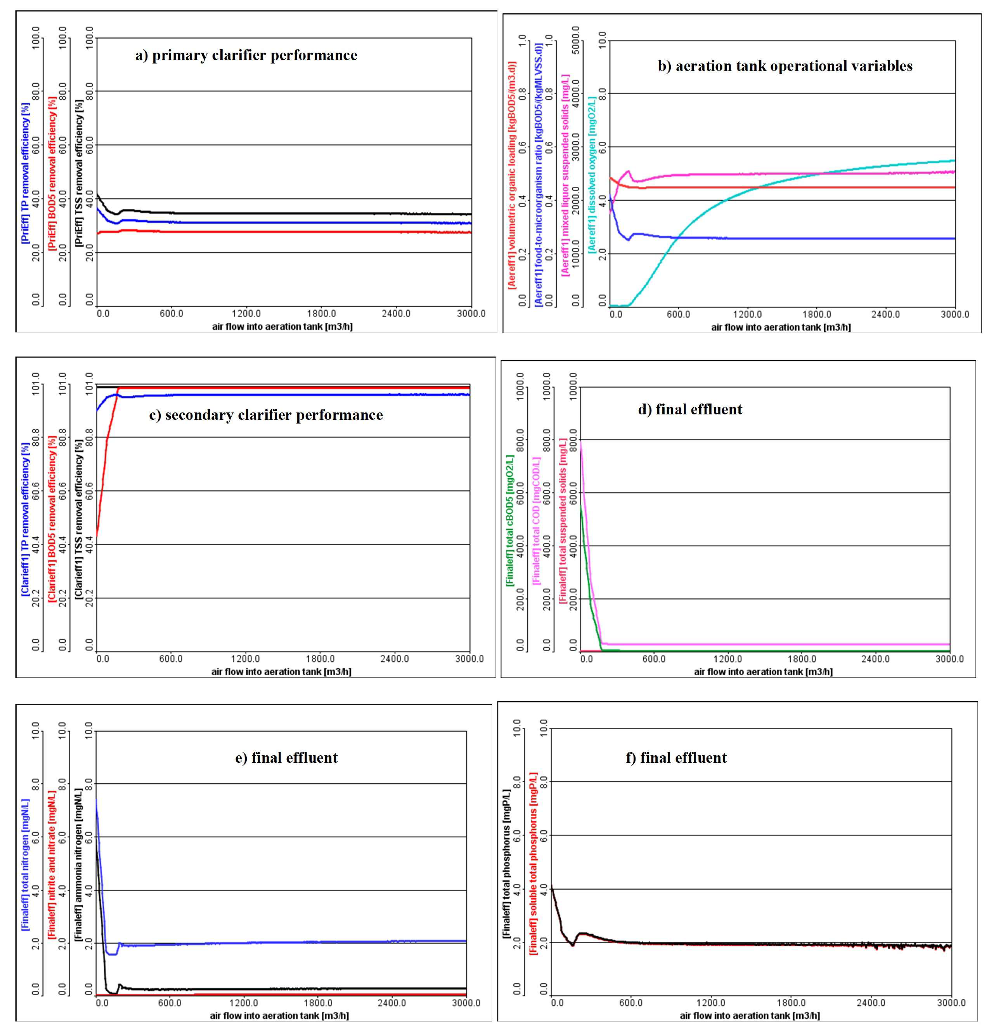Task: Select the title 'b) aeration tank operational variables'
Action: tap(785, 66)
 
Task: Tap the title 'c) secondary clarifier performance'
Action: tap(266, 415)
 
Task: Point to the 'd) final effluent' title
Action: tap(690, 409)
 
